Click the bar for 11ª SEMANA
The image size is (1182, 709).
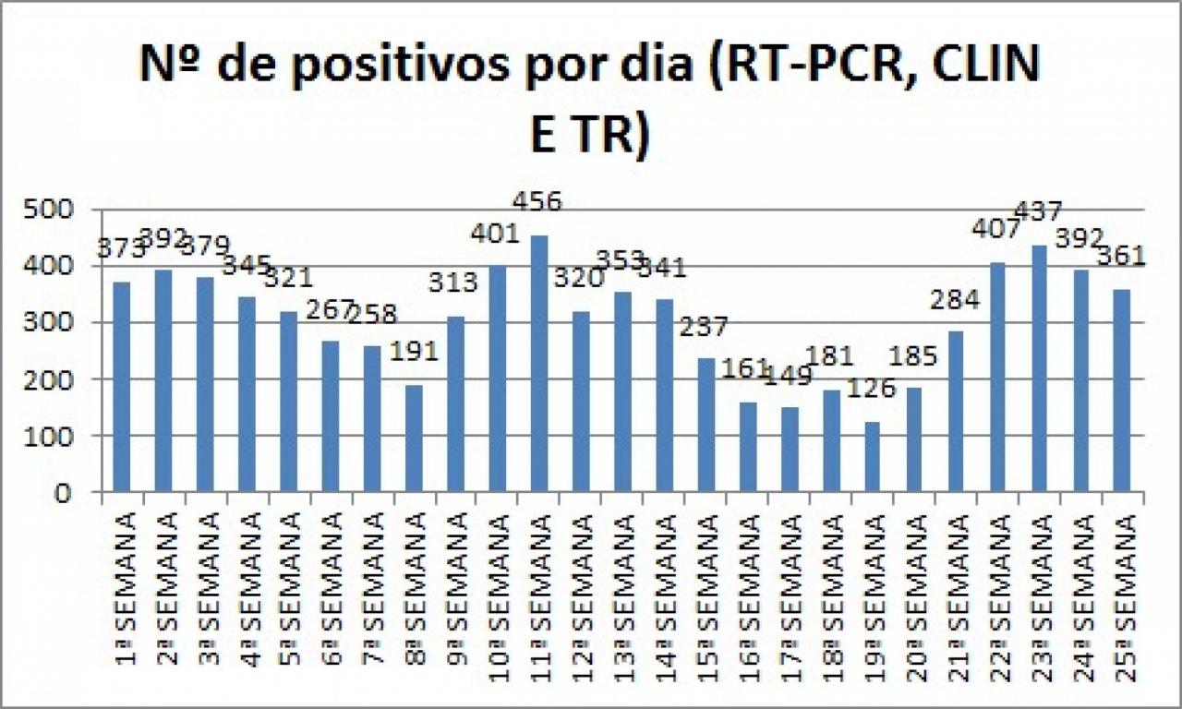pyautogui.click(x=539, y=364)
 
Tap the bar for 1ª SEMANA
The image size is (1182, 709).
pyautogui.click(x=122, y=387)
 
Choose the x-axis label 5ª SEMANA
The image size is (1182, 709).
pyautogui.click(x=290, y=578)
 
